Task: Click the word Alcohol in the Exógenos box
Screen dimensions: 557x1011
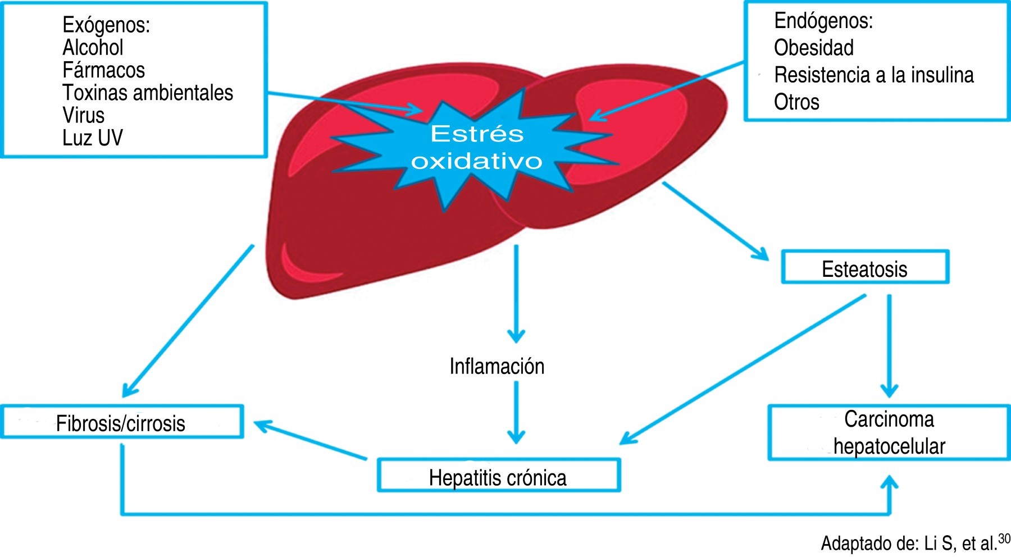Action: (x=93, y=48)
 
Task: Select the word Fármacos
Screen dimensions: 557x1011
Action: (x=103, y=70)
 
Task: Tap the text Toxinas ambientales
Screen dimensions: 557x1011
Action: (x=147, y=93)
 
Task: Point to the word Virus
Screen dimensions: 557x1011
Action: (x=83, y=115)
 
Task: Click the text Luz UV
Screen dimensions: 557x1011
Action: (x=92, y=138)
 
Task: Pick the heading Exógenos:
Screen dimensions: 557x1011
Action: (x=106, y=25)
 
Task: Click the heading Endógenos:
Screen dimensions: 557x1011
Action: (x=823, y=21)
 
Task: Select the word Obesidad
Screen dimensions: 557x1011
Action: (x=813, y=48)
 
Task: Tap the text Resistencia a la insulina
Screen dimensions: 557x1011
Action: (x=873, y=75)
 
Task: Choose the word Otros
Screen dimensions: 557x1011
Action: (x=796, y=102)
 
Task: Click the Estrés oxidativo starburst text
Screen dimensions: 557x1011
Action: (x=477, y=147)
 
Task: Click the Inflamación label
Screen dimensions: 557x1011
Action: (x=497, y=366)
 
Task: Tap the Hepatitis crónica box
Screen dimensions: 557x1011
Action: (x=498, y=476)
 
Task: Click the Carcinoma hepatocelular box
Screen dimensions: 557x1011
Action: (x=889, y=433)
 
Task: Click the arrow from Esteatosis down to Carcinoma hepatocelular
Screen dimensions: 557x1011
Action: (x=889, y=345)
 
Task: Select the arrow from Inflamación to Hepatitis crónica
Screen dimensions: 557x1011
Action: (x=516, y=413)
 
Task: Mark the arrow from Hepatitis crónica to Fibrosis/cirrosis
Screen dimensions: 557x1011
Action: (x=311, y=441)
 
